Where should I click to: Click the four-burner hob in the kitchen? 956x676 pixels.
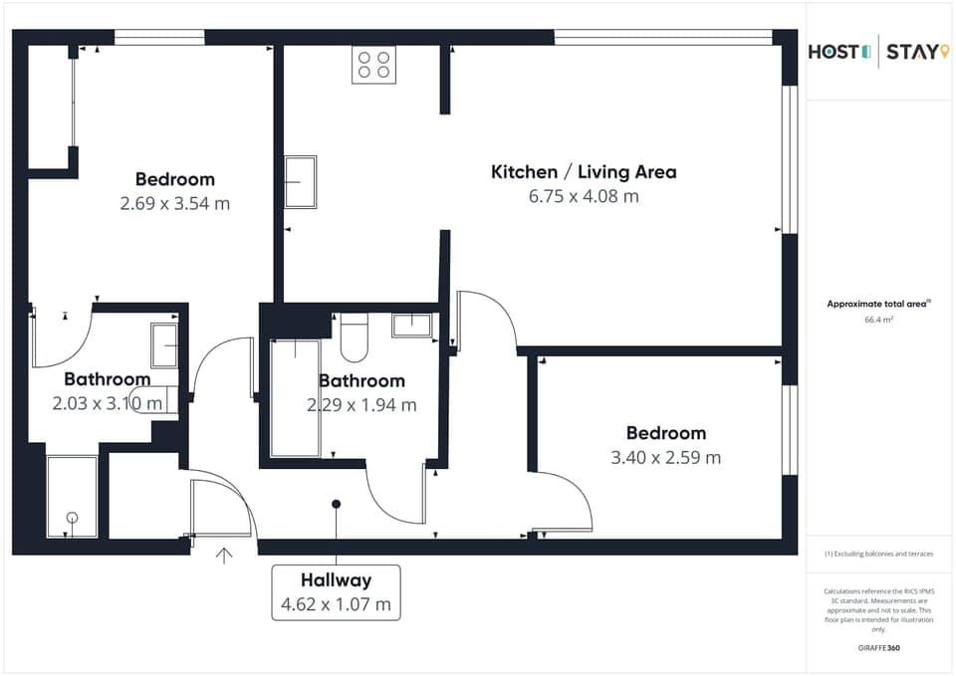tap(373, 65)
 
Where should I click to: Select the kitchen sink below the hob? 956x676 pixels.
tap(300, 181)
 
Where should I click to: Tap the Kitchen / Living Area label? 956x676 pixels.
tap(584, 171)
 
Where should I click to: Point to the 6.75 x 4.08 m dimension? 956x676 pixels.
tap(584, 196)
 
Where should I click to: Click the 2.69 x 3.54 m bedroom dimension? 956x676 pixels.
tap(175, 204)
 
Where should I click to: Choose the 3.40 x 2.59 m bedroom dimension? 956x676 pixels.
tap(665, 458)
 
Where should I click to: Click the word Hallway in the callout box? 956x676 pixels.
tap(336, 579)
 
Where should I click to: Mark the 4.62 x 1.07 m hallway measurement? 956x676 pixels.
tap(336, 604)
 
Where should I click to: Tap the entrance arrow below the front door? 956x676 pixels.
tap(224, 556)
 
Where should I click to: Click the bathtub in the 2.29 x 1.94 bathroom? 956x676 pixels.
tap(295, 398)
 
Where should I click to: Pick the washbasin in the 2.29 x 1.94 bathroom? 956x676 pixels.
tap(410, 326)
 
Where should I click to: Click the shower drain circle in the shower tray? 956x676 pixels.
tap(72, 516)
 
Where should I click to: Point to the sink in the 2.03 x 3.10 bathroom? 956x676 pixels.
tap(165, 343)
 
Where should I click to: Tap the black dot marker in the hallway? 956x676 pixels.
tap(337, 504)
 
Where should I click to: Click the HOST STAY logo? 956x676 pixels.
tap(872, 52)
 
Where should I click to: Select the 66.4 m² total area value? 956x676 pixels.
tap(878, 320)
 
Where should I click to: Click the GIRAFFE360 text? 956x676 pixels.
tap(878, 648)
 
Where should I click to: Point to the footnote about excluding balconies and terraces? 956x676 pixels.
tap(878, 554)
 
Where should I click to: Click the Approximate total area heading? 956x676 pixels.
tap(877, 305)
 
